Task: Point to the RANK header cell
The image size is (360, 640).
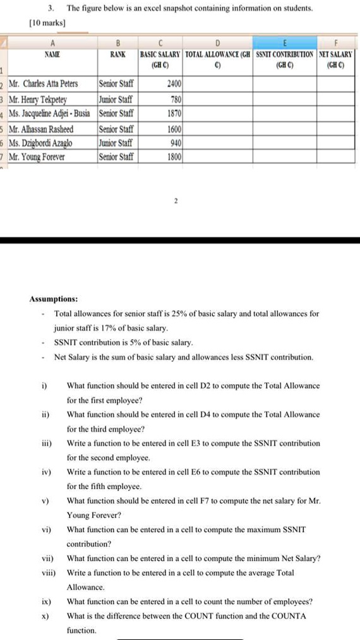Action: [117, 55]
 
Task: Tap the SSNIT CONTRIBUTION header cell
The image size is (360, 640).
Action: [285, 59]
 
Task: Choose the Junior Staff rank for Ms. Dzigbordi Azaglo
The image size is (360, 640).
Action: [116, 143]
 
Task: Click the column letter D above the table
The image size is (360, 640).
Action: [217, 42]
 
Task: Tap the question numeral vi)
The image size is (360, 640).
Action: [45, 529]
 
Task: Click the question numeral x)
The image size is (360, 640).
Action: [44, 615]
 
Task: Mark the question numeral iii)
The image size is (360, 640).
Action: [45, 444]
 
